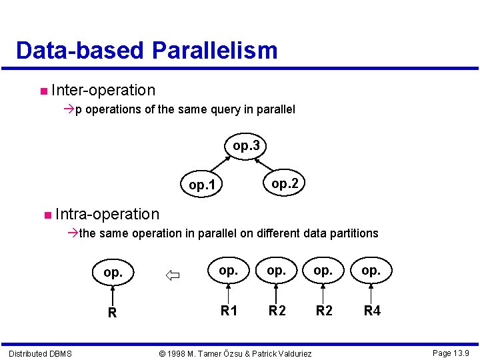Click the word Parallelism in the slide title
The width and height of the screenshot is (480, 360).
(215, 51)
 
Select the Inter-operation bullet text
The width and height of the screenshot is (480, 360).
(103, 90)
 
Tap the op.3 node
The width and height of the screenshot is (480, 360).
(246, 145)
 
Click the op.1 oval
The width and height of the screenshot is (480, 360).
(202, 185)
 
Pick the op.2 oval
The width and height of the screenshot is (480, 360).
(285, 183)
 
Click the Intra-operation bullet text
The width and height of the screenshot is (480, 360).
(107, 214)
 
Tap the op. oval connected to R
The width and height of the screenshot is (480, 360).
(113, 273)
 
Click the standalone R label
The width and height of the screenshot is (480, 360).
(113, 313)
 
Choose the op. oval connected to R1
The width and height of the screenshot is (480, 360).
(228, 270)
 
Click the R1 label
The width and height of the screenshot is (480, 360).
(229, 310)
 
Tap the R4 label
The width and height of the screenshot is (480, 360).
(372, 310)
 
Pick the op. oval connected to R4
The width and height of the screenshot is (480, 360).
(371, 270)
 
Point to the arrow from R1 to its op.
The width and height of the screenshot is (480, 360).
(229, 291)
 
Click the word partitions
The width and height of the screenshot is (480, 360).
(353, 233)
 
